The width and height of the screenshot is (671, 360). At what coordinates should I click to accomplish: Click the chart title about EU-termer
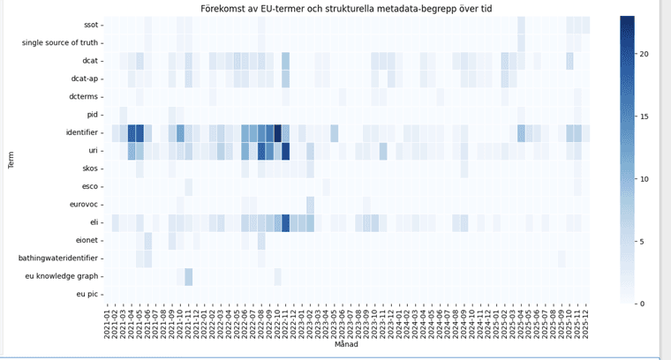pos(345,9)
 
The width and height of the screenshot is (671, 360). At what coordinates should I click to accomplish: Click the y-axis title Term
pos(11,159)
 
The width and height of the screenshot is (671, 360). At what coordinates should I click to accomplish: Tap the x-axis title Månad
pos(346,345)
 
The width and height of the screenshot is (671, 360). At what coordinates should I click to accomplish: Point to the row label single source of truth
pos(60,42)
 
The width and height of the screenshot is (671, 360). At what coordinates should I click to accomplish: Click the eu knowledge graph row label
pos(61,276)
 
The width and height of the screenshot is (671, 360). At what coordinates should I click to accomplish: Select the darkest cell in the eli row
pos(286,222)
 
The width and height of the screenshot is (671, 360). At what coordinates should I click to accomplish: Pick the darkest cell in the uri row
pos(286,151)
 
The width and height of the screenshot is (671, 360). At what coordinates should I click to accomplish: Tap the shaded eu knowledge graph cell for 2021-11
pos(189,276)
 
